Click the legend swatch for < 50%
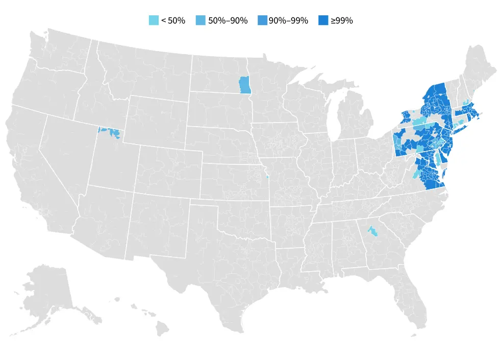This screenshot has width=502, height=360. tap(154, 20)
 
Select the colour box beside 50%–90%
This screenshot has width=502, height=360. tap(201, 20)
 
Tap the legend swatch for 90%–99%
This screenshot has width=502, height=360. tap(263, 20)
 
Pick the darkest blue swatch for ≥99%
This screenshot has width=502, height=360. tap(323, 20)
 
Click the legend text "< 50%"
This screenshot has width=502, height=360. tap(173, 21)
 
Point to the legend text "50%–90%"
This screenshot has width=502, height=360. tap(228, 21)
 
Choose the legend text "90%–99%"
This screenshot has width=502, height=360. tap(288, 21)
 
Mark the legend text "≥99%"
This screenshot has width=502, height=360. tap(341, 21)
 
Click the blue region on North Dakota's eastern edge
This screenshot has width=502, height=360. tap(245, 85)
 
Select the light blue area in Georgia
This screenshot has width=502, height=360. tap(373, 232)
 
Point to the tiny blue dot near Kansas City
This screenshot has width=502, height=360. tap(268, 178)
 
